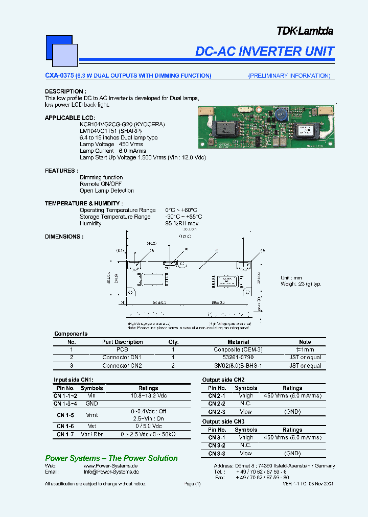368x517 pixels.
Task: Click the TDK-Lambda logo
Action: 305,31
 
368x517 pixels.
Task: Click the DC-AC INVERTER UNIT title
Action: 265,51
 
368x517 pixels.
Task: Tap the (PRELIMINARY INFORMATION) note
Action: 289,76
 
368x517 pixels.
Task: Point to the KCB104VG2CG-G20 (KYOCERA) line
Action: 122,124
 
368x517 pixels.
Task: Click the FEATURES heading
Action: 61,171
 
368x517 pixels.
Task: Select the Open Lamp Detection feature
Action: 106,191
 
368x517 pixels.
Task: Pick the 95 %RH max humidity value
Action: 181,223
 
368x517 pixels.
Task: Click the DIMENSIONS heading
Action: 64,237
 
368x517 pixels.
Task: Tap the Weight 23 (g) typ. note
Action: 301,284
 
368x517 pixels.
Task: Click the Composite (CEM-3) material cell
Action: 238,349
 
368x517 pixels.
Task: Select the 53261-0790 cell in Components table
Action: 238,358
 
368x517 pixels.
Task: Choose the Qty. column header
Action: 173,342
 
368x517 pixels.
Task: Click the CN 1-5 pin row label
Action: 65,415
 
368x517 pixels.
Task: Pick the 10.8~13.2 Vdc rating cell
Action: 148,395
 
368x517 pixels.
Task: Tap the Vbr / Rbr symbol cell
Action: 92,434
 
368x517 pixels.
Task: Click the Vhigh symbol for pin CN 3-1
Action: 246,437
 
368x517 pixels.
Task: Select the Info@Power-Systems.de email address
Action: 111,472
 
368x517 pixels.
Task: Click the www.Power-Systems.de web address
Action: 111,465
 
